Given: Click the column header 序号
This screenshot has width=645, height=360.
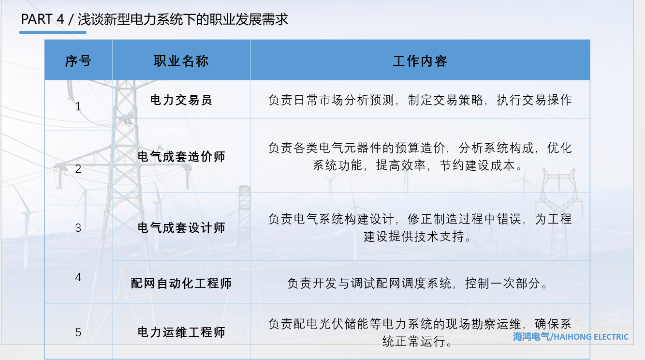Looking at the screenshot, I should pyautogui.click(x=78, y=61).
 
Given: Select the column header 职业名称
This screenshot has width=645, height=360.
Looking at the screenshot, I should pyautogui.click(x=181, y=61).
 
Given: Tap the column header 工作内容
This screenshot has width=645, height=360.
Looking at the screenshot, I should pyautogui.click(x=420, y=61).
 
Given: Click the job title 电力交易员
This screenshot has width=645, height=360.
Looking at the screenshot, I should pyautogui.click(x=181, y=100).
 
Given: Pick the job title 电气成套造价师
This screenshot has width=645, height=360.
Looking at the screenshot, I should pyautogui.click(x=181, y=157).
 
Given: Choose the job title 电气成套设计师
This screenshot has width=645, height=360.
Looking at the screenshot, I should pyautogui.click(x=181, y=227).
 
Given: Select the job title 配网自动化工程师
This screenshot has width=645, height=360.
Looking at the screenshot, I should pyautogui.click(x=181, y=283).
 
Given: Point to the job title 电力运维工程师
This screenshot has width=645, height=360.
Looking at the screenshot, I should pyautogui.click(x=181, y=332).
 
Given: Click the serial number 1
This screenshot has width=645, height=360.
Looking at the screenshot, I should pyautogui.click(x=78, y=106).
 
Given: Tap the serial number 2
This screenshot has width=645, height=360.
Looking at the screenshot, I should pyautogui.click(x=78, y=169).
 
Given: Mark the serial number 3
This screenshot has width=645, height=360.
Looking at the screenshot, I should pyautogui.click(x=78, y=227).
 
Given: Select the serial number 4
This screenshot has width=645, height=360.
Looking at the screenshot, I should pyautogui.click(x=78, y=278).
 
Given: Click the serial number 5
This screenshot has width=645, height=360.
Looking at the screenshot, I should pyautogui.click(x=78, y=332).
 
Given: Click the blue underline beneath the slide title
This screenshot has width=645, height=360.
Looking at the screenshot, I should pyautogui.click(x=53, y=32).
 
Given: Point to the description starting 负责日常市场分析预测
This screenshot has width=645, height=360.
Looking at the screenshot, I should pyautogui.click(x=420, y=100).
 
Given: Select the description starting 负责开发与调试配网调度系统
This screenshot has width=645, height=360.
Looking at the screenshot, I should pyautogui.click(x=420, y=283).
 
